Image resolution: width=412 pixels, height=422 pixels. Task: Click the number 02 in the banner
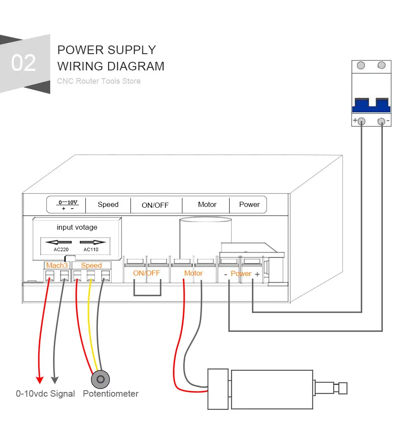(x=24, y=63)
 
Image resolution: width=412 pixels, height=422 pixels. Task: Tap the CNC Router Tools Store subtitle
(x=99, y=81)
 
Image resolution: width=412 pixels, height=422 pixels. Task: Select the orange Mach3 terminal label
(x=57, y=265)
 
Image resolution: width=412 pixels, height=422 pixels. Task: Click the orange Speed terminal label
(x=91, y=265)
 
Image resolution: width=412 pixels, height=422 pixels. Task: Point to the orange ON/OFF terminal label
(x=146, y=273)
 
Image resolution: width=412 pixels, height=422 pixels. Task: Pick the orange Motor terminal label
(x=194, y=273)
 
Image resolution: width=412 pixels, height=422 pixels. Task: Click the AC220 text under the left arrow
(x=61, y=249)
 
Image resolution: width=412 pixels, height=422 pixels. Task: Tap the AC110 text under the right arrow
(x=91, y=249)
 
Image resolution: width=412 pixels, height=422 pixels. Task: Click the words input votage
(x=77, y=227)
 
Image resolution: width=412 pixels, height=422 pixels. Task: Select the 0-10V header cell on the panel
(x=67, y=205)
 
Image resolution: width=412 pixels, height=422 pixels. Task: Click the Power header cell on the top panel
(x=249, y=205)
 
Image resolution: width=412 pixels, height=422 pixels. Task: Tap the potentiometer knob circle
(x=100, y=379)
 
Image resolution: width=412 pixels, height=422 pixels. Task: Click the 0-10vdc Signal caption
(x=45, y=393)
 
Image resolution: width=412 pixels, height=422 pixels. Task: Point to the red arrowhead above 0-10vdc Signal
(x=39, y=379)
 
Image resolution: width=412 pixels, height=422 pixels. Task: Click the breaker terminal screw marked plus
(x=362, y=121)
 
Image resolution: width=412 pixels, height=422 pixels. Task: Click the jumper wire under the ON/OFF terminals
(x=147, y=295)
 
